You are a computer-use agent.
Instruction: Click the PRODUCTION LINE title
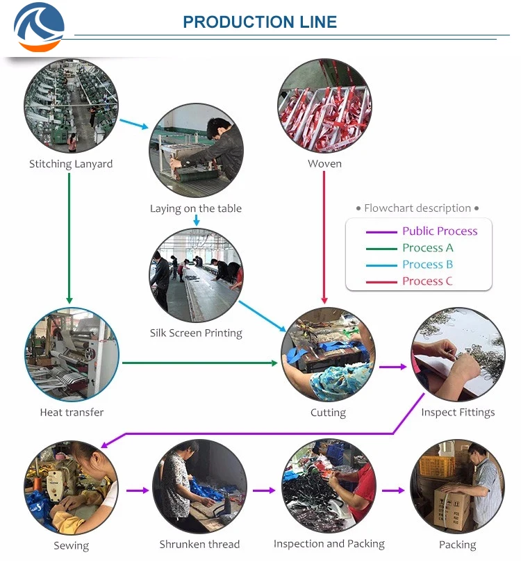(260, 22)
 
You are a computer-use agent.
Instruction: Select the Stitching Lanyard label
(71, 164)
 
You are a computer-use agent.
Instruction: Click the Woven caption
(324, 164)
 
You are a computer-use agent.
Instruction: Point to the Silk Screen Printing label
(196, 333)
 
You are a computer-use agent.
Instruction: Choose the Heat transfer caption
(72, 412)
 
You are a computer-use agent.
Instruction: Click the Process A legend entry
(428, 248)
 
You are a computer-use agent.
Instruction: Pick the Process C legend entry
(427, 281)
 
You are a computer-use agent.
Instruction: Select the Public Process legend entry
(440, 231)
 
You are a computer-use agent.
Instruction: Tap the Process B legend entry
(427, 265)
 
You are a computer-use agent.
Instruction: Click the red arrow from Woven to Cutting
(324, 236)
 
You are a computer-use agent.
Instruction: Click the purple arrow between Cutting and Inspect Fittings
(392, 366)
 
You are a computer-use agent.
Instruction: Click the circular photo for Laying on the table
(197, 150)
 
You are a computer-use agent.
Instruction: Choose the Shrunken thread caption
(199, 544)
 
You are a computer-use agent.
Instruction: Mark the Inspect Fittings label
(458, 412)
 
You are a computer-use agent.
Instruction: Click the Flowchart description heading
(417, 208)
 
